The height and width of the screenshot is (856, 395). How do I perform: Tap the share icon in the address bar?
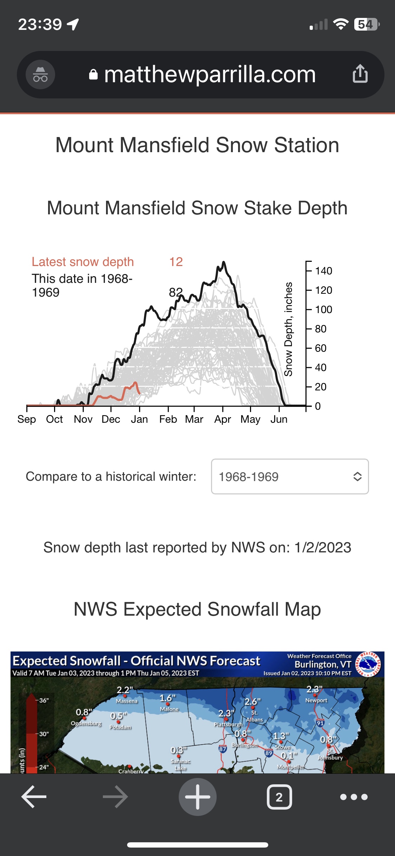(360, 74)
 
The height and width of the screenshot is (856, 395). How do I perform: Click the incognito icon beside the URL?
(40, 74)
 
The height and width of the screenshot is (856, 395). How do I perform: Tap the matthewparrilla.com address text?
(210, 74)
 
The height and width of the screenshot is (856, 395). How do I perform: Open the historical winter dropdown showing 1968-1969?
(290, 476)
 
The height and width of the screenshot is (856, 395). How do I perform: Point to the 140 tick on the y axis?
(323, 271)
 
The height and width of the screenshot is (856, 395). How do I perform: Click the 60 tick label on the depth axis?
(321, 348)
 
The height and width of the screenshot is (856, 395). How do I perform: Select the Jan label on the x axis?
(139, 419)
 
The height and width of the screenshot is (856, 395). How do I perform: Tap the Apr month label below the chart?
(223, 419)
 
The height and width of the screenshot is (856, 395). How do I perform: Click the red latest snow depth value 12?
(176, 262)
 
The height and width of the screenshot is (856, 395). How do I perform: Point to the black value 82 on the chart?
(176, 292)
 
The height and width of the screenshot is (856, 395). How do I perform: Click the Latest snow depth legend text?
(83, 262)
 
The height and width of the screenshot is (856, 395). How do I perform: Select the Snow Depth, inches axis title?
(288, 329)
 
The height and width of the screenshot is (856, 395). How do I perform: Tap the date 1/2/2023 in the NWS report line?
(323, 547)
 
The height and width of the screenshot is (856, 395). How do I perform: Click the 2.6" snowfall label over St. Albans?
(252, 702)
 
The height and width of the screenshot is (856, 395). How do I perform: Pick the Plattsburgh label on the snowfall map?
(228, 724)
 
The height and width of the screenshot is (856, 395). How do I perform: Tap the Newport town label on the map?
(316, 700)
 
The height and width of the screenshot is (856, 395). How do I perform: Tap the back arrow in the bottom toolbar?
(34, 797)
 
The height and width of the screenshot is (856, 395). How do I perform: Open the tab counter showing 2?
(279, 797)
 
